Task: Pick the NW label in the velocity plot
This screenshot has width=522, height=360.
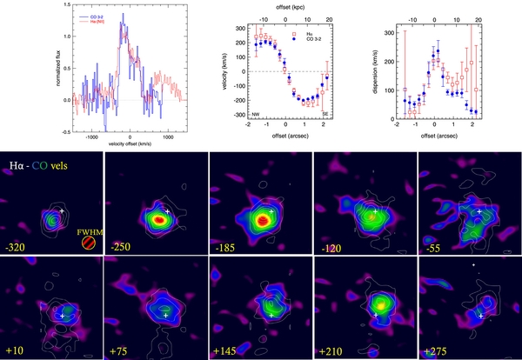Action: [x=256, y=115]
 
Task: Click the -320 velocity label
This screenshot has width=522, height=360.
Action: [x=15, y=248]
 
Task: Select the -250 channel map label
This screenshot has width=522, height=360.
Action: [x=120, y=248]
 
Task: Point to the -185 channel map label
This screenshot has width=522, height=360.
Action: [x=225, y=248]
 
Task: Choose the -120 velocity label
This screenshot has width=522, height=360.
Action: [x=330, y=248]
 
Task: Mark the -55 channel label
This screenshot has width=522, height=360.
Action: [x=432, y=248]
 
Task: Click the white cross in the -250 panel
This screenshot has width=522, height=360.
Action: [x=166, y=211]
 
